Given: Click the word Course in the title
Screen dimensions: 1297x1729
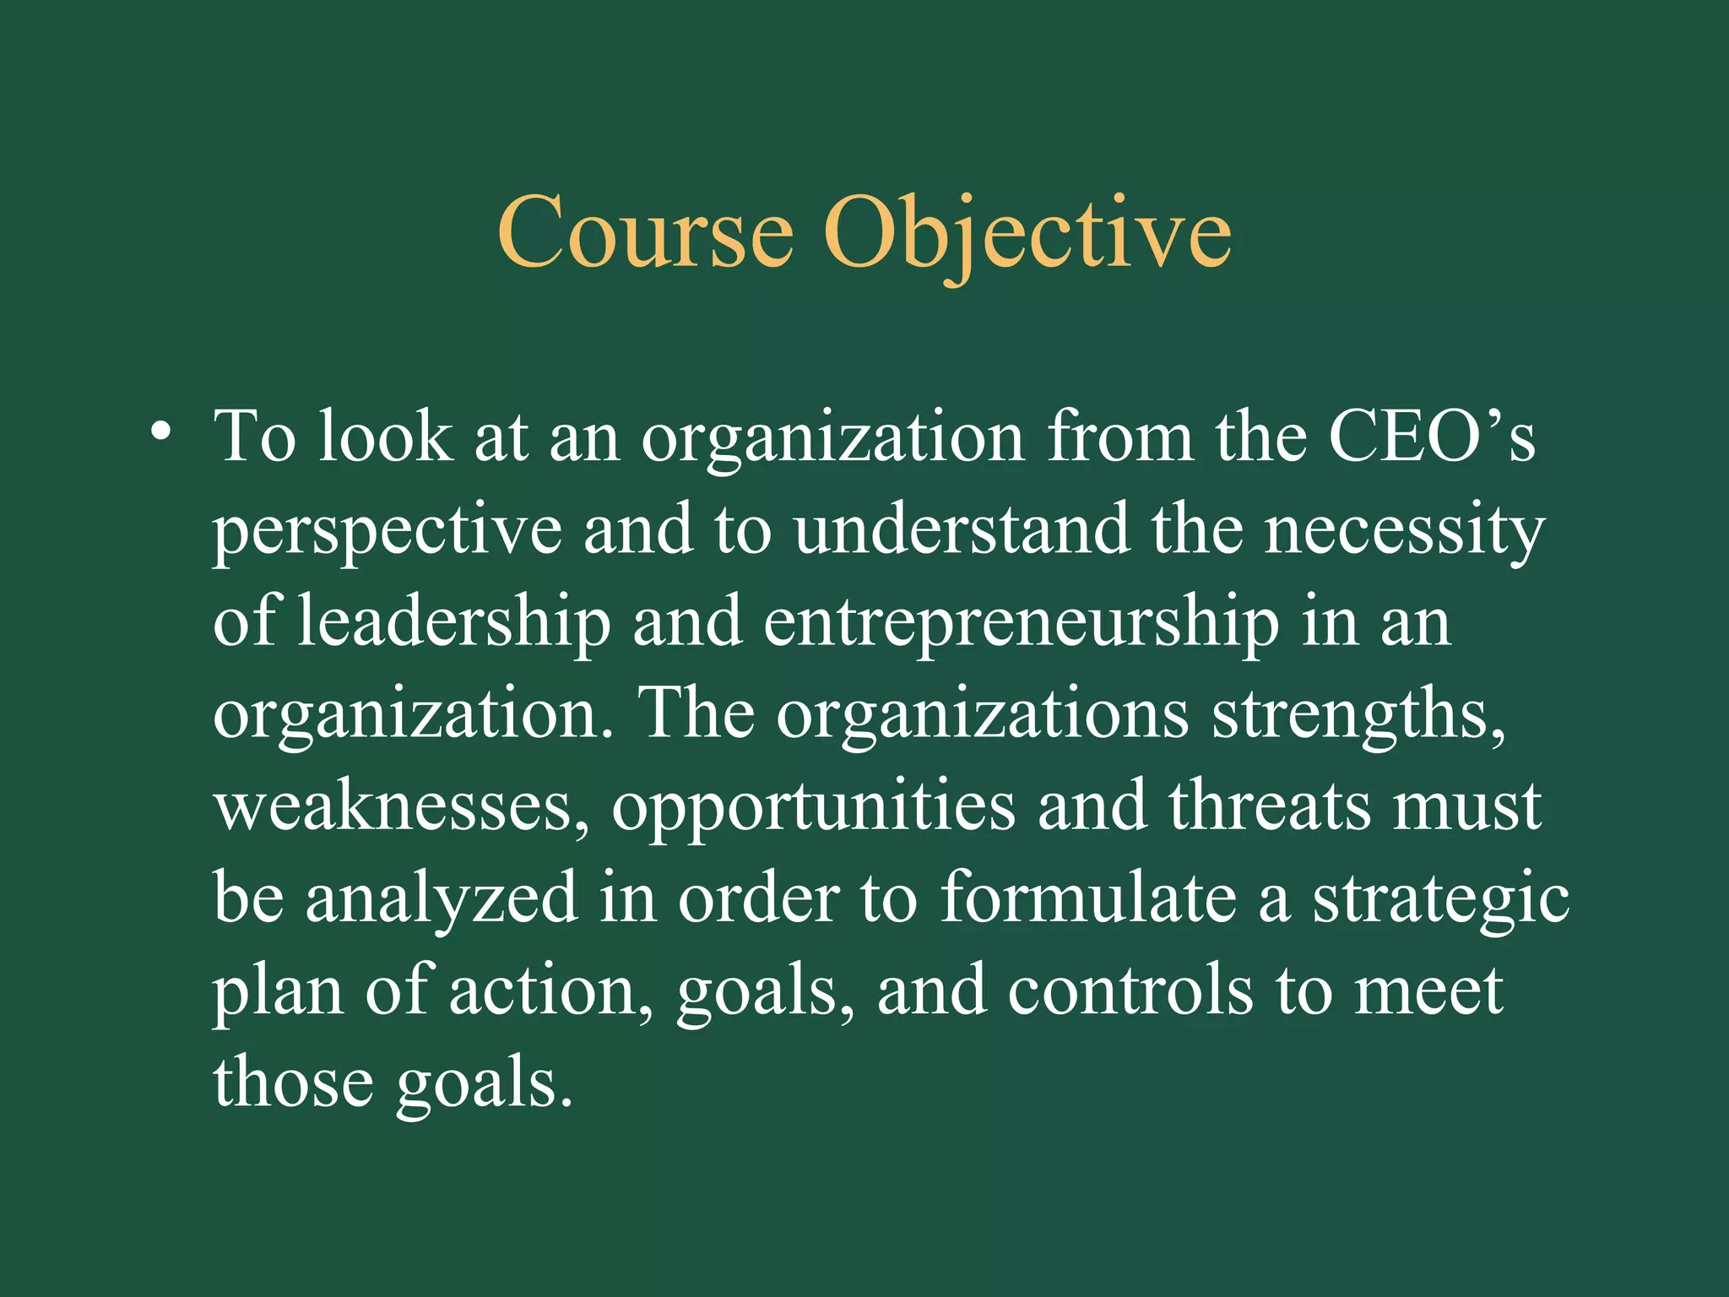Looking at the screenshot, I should pyautogui.click(x=645, y=232).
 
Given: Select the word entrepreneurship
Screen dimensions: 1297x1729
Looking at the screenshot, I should pyautogui.click(x=1021, y=623).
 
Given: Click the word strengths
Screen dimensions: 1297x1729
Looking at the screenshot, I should pyautogui.click(x=1358, y=714).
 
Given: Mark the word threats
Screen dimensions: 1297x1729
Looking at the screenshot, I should pyautogui.click(x=1270, y=806).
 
